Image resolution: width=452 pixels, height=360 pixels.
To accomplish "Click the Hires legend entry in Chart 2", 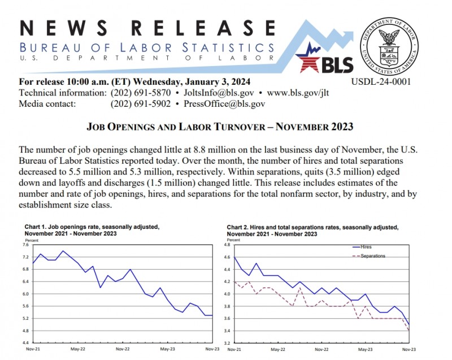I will point(368,246).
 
